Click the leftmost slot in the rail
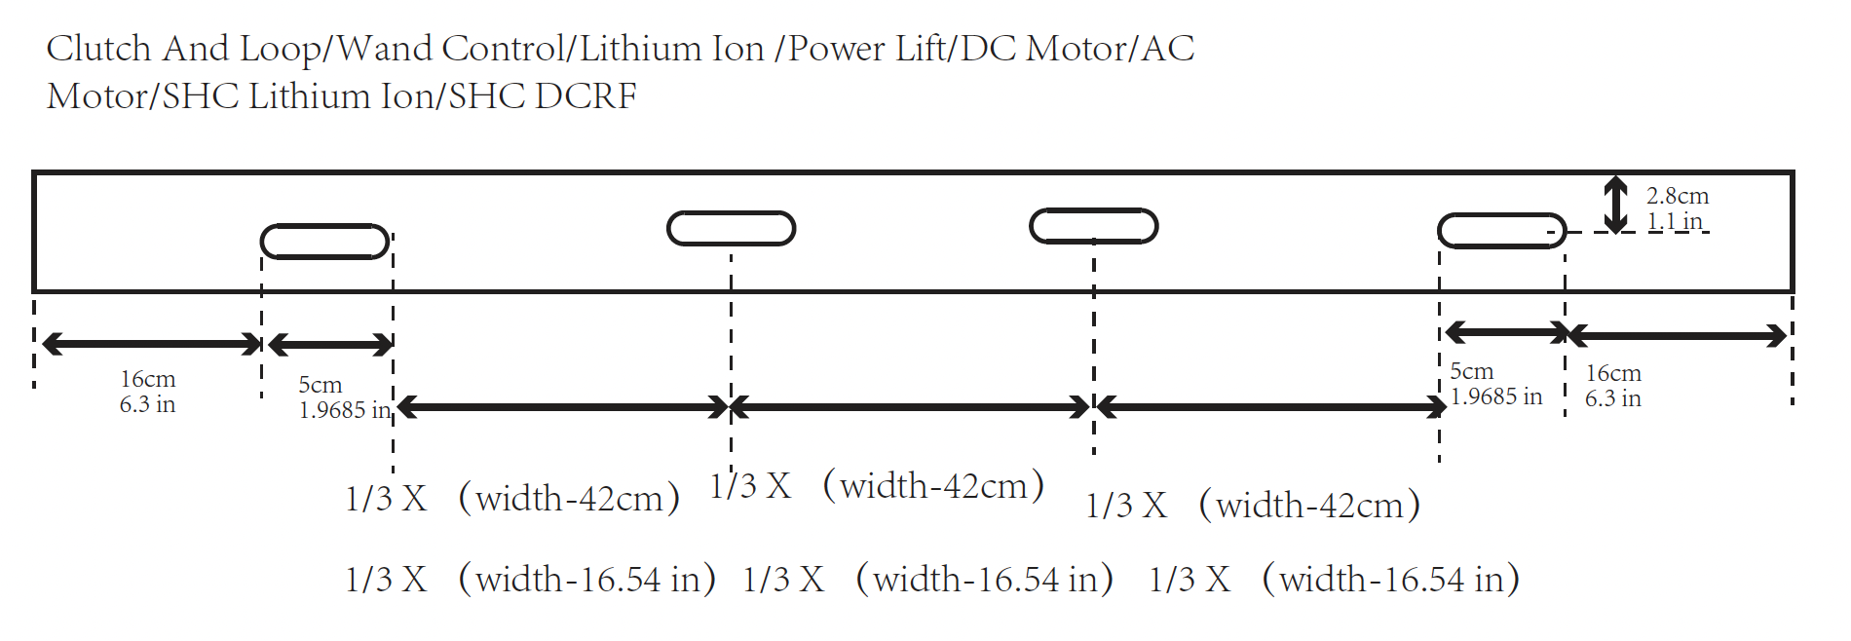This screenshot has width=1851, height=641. tap(324, 242)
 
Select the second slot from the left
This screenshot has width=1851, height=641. tap(731, 228)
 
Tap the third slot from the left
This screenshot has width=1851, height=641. tap(1093, 226)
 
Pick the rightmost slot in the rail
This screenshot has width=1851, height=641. tap(1501, 231)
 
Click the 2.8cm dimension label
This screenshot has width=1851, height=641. tap(1677, 196)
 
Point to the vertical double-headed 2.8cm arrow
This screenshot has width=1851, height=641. tap(1615, 205)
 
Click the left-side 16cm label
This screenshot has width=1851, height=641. tap(148, 379)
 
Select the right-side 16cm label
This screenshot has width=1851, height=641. tap(1612, 373)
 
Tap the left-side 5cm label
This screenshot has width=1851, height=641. tap(320, 385)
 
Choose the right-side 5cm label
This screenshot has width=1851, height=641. tap(1471, 371)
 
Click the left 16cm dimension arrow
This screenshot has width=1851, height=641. tap(152, 343)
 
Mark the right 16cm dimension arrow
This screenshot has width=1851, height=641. tap(1677, 336)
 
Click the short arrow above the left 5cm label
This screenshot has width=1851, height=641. tap(330, 344)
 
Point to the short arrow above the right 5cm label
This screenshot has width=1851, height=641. tap(1504, 333)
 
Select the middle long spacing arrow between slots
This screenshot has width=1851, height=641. tap(910, 407)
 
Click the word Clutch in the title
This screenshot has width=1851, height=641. tap(98, 49)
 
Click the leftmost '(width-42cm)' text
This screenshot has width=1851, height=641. tap(569, 499)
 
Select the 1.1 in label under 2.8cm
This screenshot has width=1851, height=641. tap(1674, 221)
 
